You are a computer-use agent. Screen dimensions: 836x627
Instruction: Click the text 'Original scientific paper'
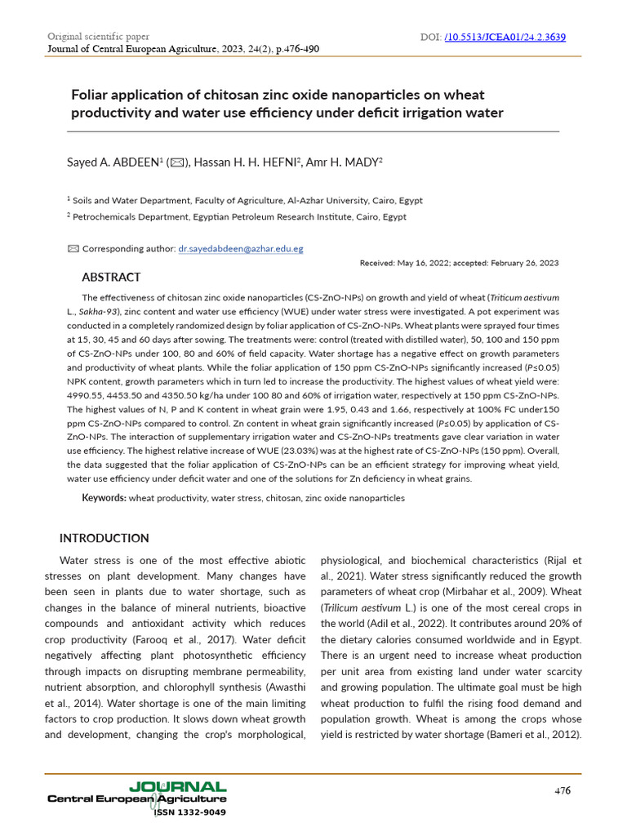coord(99,38)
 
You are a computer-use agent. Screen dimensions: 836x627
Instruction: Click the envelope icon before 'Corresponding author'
coord(73,248)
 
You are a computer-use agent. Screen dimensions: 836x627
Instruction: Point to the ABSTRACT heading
coord(111,278)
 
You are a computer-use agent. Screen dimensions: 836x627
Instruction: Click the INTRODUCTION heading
coord(104,538)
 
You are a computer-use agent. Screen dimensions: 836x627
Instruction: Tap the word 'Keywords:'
coord(104,497)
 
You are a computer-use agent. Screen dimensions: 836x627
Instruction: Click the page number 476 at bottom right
coord(563,790)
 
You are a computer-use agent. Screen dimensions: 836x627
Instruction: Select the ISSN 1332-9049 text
coord(190,812)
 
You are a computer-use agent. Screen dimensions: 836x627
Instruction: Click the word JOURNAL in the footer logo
coord(189,787)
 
